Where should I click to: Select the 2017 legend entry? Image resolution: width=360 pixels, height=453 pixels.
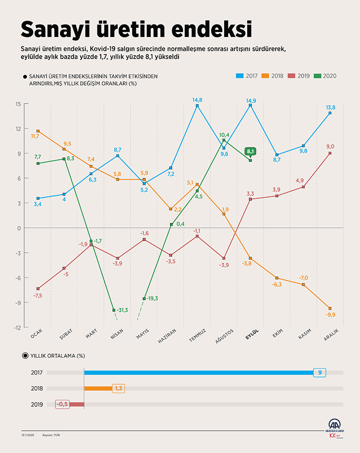tap(247, 75)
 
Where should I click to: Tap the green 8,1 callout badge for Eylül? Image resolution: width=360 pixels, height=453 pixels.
tap(250, 151)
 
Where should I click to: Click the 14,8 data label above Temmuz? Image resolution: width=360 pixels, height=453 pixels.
tap(197, 100)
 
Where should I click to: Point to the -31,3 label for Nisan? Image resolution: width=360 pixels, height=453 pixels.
tap(122, 310)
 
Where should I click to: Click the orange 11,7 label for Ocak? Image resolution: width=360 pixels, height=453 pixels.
tap(35, 136)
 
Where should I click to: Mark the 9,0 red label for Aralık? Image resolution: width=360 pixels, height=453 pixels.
tap(331, 147)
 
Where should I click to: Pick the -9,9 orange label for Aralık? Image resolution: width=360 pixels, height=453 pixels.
tap(330, 315)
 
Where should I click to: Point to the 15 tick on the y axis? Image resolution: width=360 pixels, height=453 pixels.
tap(18, 104)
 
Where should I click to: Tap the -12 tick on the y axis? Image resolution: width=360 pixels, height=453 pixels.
tap(17, 328)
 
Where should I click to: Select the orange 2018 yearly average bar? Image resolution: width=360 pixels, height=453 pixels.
tap(98, 388)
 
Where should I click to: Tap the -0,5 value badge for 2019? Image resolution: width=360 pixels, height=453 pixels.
tap(63, 404)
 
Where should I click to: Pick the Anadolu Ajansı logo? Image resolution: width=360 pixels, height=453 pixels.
tap(335, 427)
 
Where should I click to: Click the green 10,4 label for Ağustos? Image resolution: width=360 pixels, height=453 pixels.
tap(224, 135)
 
